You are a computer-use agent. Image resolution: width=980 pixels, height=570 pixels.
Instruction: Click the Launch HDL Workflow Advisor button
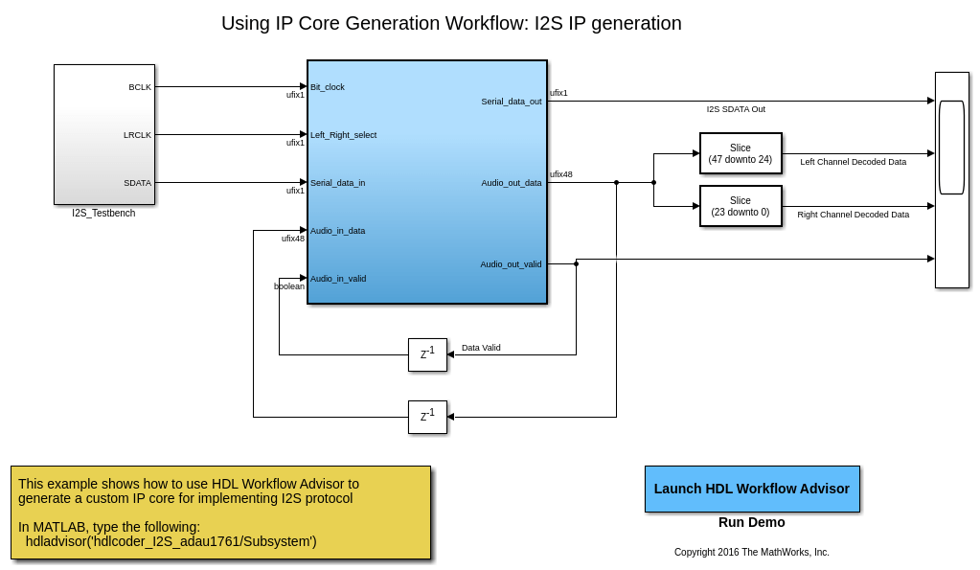(752, 489)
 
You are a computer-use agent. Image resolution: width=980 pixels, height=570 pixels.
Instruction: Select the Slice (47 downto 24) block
(741, 153)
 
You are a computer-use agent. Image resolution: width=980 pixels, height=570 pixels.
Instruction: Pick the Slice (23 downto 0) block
(741, 206)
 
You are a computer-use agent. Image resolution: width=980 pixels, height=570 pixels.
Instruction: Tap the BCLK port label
(140, 87)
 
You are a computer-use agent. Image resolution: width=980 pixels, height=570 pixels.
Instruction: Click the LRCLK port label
(137, 135)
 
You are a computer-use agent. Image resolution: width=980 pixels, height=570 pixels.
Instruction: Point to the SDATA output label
(137, 183)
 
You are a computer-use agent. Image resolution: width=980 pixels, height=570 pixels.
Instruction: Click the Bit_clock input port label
(328, 87)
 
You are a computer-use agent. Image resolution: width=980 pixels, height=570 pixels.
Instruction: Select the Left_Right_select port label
(343, 135)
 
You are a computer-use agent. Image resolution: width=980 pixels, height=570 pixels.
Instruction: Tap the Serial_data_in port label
(337, 183)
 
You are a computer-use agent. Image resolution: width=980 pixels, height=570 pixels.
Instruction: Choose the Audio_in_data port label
(337, 231)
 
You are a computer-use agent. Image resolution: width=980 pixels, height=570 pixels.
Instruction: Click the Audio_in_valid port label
(338, 279)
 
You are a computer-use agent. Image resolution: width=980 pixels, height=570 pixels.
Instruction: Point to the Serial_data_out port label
(511, 102)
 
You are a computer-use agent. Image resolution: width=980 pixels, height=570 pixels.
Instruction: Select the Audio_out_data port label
(511, 183)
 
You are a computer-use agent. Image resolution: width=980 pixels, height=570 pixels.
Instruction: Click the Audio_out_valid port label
(511, 264)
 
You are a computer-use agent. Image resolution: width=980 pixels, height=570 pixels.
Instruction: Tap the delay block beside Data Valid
(427, 354)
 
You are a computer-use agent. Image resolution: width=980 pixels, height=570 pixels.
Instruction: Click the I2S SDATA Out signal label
(736, 109)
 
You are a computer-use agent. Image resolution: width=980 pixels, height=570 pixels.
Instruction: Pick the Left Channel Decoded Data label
(853, 162)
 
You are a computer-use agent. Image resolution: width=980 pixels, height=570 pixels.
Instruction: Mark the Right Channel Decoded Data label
(853, 215)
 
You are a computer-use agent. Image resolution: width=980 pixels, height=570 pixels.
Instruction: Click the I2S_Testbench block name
(103, 213)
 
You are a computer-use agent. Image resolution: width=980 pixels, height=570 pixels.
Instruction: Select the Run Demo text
(752, 522)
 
